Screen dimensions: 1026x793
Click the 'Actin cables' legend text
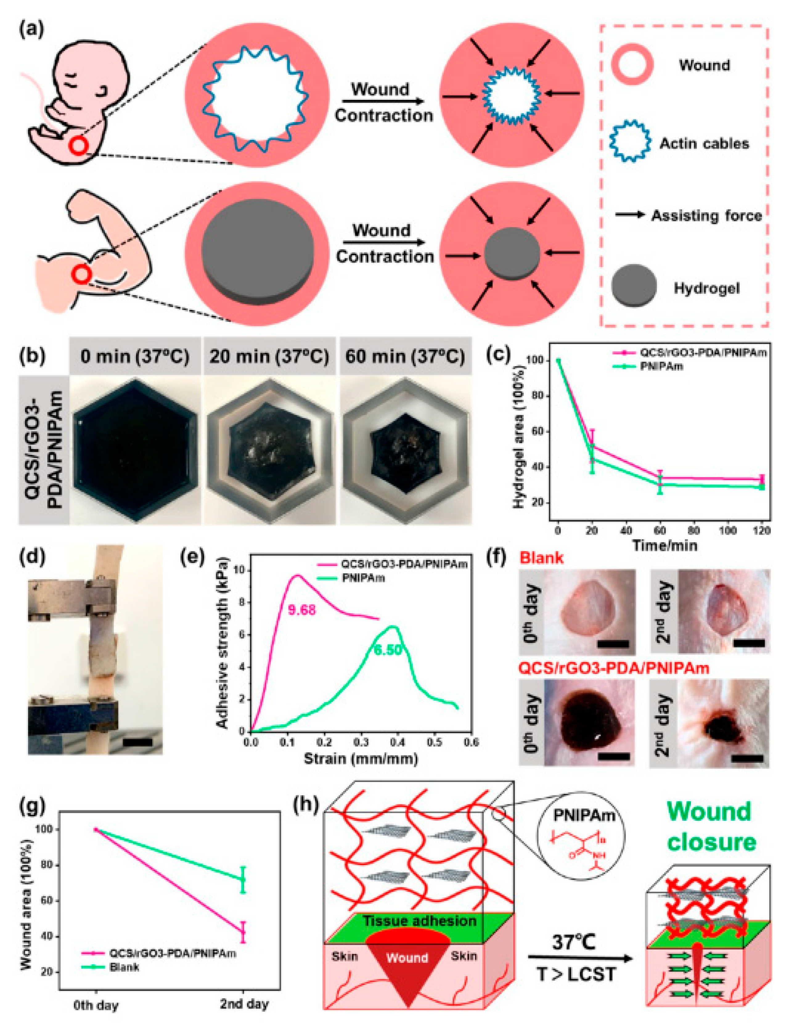(x=704, y=143)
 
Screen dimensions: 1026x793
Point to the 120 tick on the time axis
(x=761, y=531)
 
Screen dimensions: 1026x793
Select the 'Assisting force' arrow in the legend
(x=630, y=215)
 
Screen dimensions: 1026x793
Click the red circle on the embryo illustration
(x=79, y=146)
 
